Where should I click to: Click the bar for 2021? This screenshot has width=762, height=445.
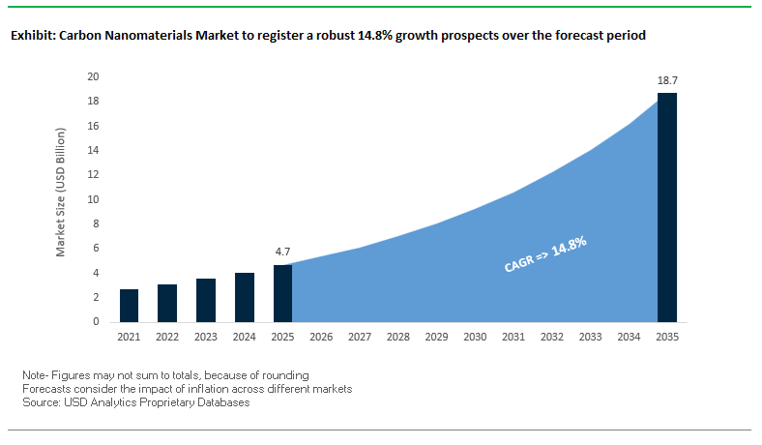pyautogui.click(x=130, y=306)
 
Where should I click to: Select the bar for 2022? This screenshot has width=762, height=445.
pyautogui.click(x=167, y=303)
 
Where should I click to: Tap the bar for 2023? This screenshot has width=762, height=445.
pyautogui.click(x=206, y=300)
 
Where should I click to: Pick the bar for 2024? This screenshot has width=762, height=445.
pyautogui.click(x=245, y=297)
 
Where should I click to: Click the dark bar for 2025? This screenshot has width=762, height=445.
pyautogui.click(x=282, y=293)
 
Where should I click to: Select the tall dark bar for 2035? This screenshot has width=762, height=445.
pyautogui.click(x=667, y=207)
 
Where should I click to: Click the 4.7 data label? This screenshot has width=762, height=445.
pyautogui.click(x=282, y=252)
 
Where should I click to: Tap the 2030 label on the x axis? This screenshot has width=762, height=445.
pyautogui.click(x=475, y=337)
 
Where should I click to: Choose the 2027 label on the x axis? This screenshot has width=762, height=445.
pyautogui.click(x=360, y=337)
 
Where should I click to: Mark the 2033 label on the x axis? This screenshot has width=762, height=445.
pyautogui.click(x=590, y=337)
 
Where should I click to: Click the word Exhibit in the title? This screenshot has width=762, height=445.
pyautogui.click(x=32, y=35)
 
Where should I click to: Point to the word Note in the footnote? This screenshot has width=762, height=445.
pyautogui.click(x=34, y=374)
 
